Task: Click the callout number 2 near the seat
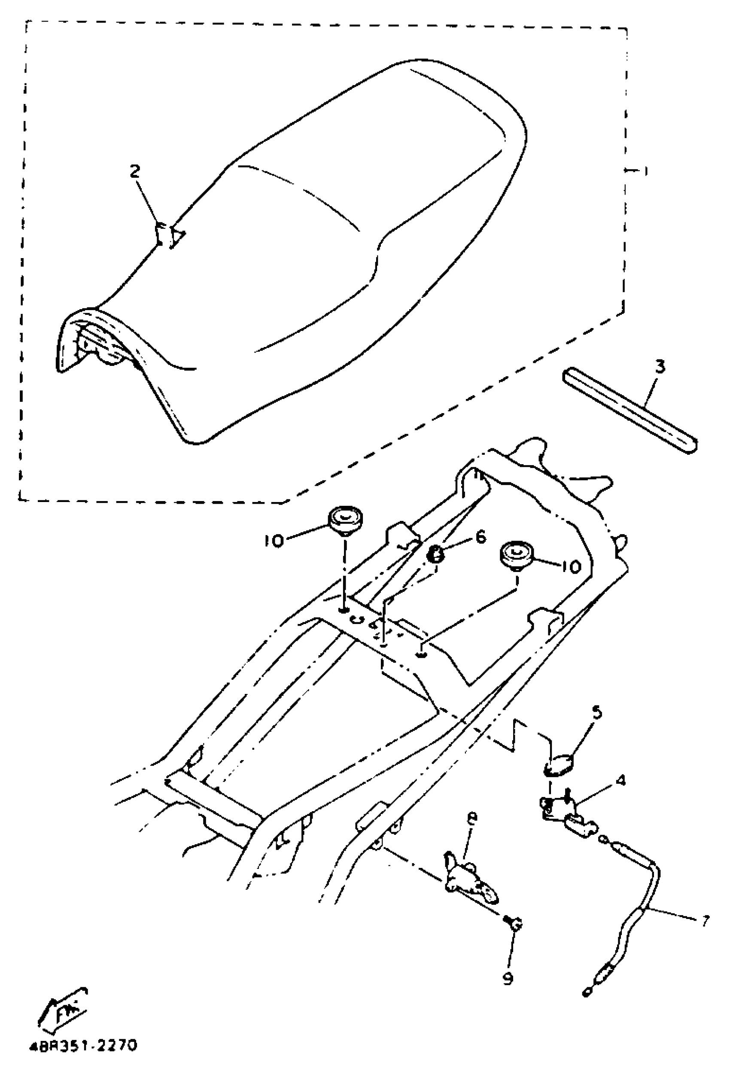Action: tap(134, 172)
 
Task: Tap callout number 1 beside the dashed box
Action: tap(645, 171)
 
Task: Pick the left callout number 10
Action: tap(274, 541)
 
